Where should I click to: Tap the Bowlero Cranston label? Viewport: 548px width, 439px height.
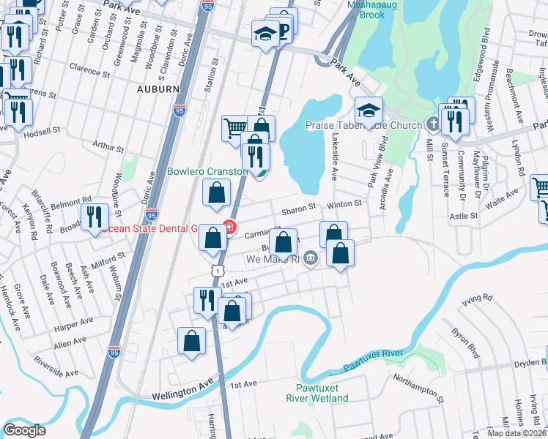point(207,172)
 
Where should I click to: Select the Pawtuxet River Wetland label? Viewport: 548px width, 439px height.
point(317,392)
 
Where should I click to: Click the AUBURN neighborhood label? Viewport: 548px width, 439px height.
point(158,89)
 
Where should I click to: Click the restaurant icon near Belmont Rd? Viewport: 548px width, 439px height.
point(95,217)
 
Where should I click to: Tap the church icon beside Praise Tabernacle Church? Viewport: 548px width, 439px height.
point(432,125)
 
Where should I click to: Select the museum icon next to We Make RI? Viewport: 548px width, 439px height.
point(311,258)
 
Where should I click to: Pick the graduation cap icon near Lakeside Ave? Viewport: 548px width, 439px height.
point(369,110)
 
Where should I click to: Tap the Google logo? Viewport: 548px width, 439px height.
point(24,430)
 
